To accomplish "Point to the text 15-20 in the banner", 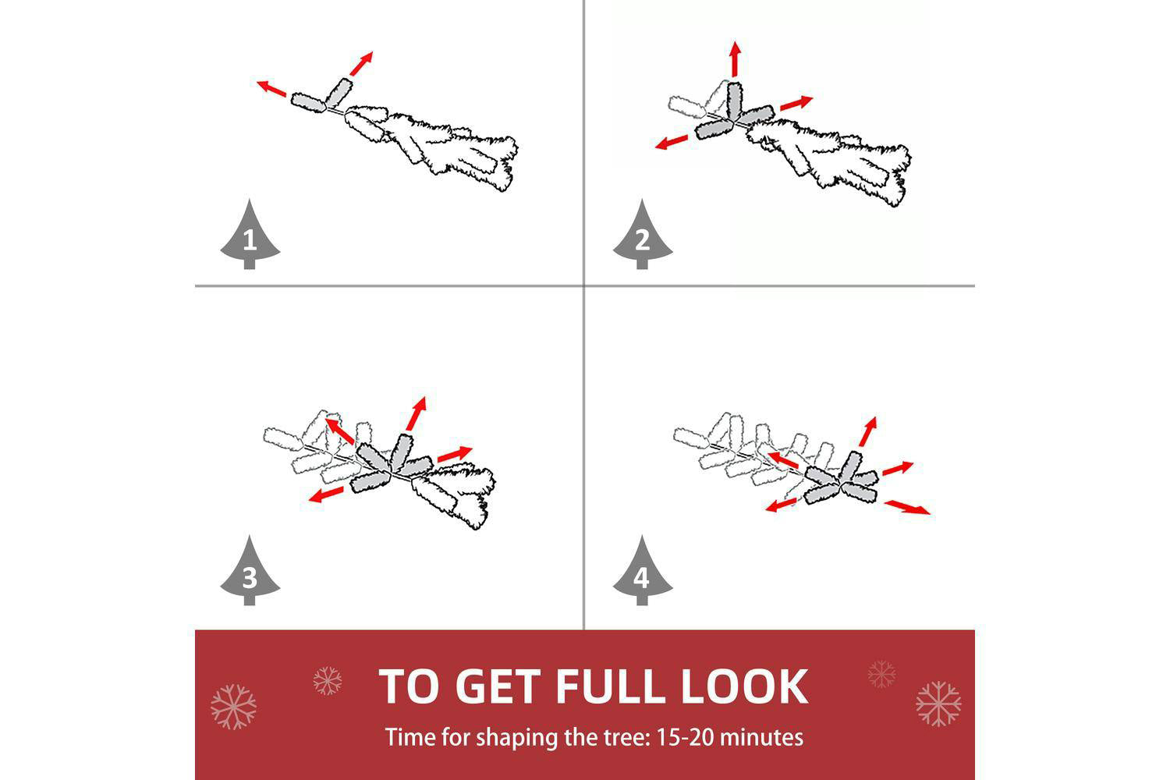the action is (x=684, y=737).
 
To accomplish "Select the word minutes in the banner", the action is (x=761, y=737).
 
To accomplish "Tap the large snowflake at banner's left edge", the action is (x=233, y=707).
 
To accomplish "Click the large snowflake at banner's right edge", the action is (x=938, y=704).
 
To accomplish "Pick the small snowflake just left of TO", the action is (x=328, y=680).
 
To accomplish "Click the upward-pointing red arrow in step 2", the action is (x=736, y=58).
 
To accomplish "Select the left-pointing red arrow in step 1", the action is (x=271, y=88).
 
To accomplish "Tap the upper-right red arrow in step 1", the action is (x=361, y=63).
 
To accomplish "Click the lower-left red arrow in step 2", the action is (x=672, y=142).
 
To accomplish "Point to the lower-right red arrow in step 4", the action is (x=907, y=507).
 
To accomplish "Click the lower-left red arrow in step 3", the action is (x=327, y=495).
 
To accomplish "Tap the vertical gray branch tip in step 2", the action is (x=735, y=102).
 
